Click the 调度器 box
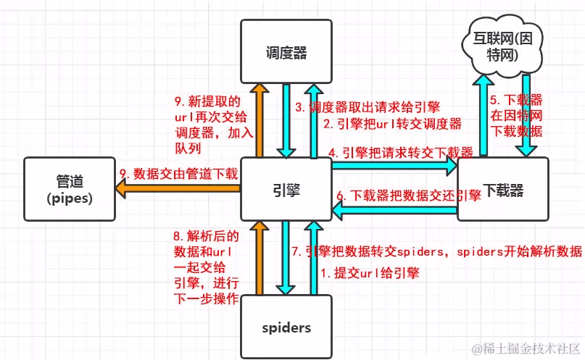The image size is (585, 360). [x=286, y=51]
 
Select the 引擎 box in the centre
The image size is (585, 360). [x=286, y=190]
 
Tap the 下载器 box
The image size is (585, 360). [x=503, y=190]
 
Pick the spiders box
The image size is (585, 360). [x=286, y=327]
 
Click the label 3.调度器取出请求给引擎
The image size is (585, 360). [x=367, y=107]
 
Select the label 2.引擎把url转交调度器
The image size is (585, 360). [x=392, y=124]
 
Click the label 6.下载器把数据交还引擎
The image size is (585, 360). [x=408, y=196]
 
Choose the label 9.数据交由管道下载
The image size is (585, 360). [x=178, y=174]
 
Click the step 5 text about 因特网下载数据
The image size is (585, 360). [x=516, y=115]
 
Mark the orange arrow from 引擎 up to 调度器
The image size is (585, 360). [x=258, y=120]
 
